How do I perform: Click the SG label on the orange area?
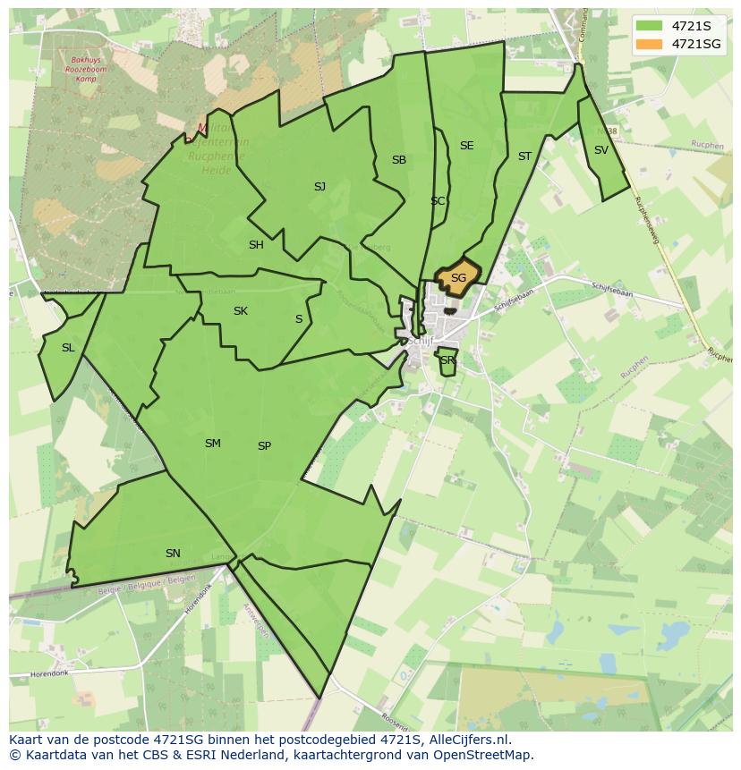[x=458, y=278]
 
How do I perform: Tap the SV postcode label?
[x=600, y=150]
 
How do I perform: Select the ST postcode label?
[x=524, y=157]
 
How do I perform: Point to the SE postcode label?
[x=466, y=146]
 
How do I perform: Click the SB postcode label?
[x=399, y=160]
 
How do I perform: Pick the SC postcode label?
[x=438, y=201]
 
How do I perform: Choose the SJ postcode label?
[x=319, y=187]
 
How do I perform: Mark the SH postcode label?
[x=256, y=245]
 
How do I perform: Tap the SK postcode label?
[x=240, y=311]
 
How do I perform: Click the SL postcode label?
[x=68, y=348]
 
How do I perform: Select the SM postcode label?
[x=212, y=444]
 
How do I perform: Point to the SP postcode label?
[x=264, y=446]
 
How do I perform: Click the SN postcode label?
[x=173, y=554]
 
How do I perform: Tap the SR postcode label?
[x=447, y=360]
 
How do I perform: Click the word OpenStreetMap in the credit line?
[x=488, y=755]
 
